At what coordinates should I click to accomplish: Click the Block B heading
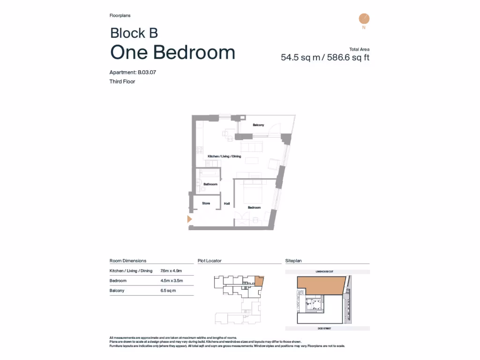(x=134, y=33)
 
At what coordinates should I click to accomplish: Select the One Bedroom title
(x=172, y=52)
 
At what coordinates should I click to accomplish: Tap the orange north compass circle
(x=364, y=19)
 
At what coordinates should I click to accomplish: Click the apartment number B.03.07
(x=150, y=72)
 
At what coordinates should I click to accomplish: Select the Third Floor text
(x=122, y=82)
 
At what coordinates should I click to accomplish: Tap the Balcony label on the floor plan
(x=258, y=125)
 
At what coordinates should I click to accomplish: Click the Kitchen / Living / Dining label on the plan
(x=224, y=156)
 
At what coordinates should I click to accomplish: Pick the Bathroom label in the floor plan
(x=210, y=184)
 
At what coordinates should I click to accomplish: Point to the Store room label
(x=206, y=203)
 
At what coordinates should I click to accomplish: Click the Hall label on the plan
(x=227, y=203)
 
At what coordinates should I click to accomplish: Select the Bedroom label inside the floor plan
(x=254, y=207)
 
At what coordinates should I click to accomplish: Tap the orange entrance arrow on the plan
(x=189, y=219)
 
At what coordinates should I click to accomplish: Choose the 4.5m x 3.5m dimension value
(x=171, y=281)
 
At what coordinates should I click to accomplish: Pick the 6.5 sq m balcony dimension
(x=168, y=291)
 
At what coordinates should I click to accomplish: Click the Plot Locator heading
(x=210, y=261)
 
